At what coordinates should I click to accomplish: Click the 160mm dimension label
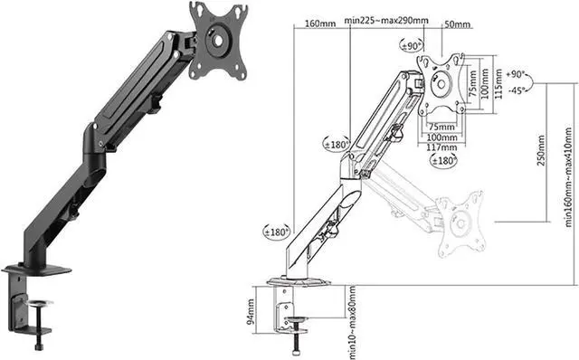coord(320,24)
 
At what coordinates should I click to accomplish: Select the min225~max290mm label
coord(386,20)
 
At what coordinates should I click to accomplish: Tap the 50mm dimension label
coord(458,24)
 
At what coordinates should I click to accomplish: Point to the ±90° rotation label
coord(412,46)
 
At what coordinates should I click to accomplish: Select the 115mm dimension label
coord(498,83)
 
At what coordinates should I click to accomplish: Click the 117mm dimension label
coord(441,147)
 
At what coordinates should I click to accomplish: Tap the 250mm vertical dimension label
coord(541,151)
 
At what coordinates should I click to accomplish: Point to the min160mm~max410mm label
coord(569,177)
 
